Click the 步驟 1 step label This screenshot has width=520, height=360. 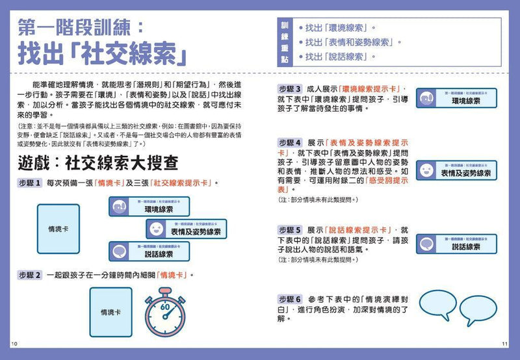[x=30, y=183]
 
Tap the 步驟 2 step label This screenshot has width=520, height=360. [x=30, y=275]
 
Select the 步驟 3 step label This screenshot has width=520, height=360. [x=290, y=89]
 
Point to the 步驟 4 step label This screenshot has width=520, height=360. [x=290, y=142]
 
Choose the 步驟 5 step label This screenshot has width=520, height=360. [x=290, y=230]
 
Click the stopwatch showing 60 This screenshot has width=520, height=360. [x=165, y=312]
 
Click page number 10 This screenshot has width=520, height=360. [x=14, y=343]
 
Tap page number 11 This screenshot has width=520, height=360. [x=506, y=343]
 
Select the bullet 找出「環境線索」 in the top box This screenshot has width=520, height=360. [x=343, y=28]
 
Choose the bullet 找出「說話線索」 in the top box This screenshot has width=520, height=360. [x=343, y=57]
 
